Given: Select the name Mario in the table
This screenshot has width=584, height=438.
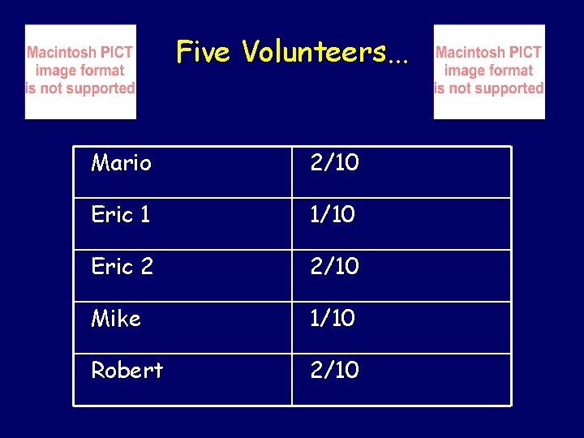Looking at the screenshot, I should [x=121, y=163].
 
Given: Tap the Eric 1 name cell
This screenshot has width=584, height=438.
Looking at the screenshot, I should [x=121, y=215].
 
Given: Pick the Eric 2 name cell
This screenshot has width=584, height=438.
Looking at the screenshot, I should [x=122, y=266].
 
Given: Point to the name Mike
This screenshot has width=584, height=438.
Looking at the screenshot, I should [x=116, y=319].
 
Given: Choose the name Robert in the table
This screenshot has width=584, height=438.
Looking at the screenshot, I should [x=127, y=370].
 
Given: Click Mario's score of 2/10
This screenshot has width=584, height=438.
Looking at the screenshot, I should [x=334, y=163].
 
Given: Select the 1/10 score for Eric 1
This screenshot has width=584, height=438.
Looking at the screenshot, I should [x=333, y=215].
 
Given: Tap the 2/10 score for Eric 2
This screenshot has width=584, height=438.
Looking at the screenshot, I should [x=334, y=266].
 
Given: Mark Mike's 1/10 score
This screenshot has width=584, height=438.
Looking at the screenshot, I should [x=333, y=319].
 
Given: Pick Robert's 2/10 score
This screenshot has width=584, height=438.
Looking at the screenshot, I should [x=334, y=370].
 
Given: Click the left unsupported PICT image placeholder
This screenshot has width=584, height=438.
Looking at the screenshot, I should [x=80, y=71].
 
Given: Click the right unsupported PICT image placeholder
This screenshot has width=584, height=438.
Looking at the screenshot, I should [x=489, y=71].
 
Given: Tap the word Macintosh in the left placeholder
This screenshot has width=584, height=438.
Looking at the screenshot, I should [x=61, y=53].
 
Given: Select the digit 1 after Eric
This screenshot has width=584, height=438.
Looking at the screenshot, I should [x=144, y=215].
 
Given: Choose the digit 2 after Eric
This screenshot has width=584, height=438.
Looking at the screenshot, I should [x=146, y=266].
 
